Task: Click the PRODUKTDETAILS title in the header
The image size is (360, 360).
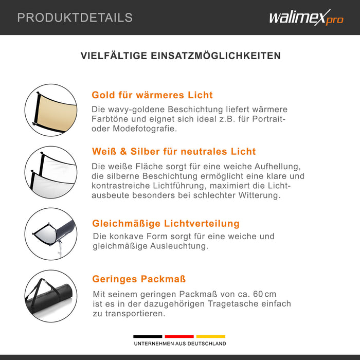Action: [x=75, y=17]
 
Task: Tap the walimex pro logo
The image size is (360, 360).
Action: [x=307, y=17]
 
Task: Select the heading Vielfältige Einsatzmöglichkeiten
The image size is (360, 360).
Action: [x=181, y=56]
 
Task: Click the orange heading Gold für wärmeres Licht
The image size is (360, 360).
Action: [x=152, y=95]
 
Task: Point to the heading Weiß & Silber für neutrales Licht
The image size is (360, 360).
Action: [x=174, y=152]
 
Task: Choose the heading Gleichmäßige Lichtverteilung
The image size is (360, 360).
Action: [x=166, y=223]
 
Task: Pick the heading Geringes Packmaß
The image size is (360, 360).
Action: [x=139, y=279]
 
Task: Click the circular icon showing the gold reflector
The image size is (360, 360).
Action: [x=51, y=110]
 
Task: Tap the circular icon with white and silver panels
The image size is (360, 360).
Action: [x=51, y=172]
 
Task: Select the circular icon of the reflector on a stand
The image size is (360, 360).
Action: [x=51, y=234]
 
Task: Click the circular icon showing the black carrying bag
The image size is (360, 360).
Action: [x=51, y=296]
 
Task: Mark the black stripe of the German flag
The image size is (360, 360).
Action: [x=148, y=336]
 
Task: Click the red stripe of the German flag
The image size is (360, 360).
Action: [x=179, y=336]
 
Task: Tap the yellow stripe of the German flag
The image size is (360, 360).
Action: [x=211, y=336]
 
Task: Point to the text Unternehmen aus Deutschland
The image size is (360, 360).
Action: [x=180, y=344]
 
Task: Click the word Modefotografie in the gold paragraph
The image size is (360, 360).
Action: [x=145, y=129]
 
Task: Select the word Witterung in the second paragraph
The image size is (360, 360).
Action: [x=259, y=195]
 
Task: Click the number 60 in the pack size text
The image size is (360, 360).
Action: [x=258, y=294]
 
